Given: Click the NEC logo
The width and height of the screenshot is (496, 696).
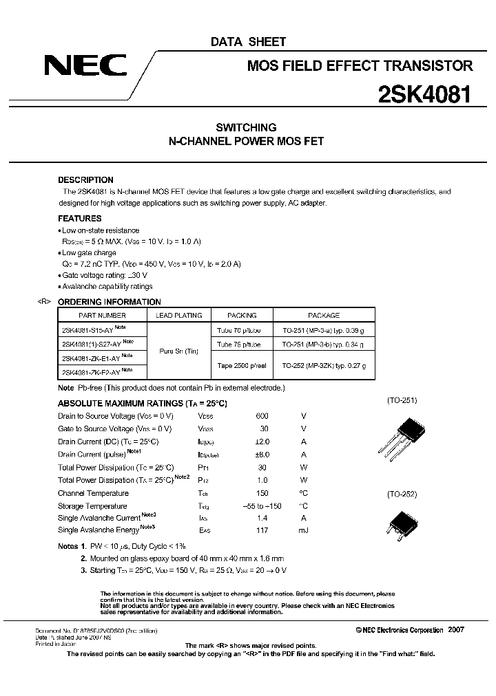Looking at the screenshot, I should click(x=85, y=65).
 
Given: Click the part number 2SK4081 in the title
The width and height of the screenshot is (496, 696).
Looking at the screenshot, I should click(x=424, y=94).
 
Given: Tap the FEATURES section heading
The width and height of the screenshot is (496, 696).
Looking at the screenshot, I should click(x=79, y=218).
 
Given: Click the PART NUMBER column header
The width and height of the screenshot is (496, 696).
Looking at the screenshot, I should click(x=102, y=315).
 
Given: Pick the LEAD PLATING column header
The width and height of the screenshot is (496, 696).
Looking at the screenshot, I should click(x=180, y=315).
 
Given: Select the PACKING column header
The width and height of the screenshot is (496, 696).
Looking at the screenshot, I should click(x=242, y=315).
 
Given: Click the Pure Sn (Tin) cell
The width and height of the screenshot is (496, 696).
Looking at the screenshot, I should click(x=180, y=351).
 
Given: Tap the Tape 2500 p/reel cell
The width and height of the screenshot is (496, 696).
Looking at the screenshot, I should click(x=242, y=365).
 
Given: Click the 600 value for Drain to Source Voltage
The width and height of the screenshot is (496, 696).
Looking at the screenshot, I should click(x=262, y=416).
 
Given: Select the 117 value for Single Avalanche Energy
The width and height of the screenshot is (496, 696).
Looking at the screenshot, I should click(x=262, y=530).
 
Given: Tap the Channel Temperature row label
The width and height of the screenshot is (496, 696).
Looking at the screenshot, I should click(x=93, y=493).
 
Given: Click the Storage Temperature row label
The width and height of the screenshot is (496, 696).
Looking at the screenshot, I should click(x=92, y=505).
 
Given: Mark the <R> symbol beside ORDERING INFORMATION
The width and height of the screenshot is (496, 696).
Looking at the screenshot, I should click(x=44, y=302).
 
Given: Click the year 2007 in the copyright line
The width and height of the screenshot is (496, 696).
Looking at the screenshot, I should click(x=456, y=629).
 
